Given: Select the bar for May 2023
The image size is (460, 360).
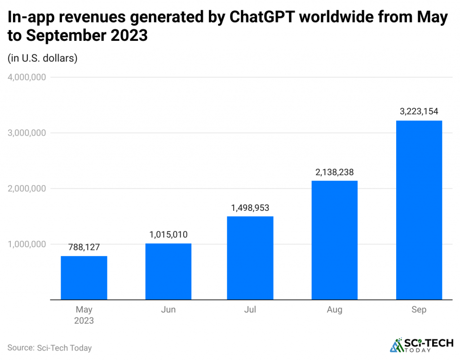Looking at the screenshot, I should (84, 278).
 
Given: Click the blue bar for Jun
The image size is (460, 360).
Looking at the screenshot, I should (168, 271).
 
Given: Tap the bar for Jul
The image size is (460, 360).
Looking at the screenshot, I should (250, 258).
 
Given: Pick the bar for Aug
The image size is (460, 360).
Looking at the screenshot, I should (335, 240).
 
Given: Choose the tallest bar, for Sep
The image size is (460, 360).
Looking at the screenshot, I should (419, 210).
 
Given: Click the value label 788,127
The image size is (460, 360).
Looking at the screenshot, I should (84, 247).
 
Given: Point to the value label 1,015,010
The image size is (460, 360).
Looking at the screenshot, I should (168, 235).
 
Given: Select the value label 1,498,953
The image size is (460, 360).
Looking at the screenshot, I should (250, 208).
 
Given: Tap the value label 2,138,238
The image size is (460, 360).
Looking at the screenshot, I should (335, 172).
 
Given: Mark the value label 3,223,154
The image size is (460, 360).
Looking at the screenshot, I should (419, 111).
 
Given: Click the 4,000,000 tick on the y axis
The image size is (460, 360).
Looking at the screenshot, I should (27, 77).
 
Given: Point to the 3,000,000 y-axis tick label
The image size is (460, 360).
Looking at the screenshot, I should (27, 133).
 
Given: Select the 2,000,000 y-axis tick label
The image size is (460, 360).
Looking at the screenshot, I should (27, 189).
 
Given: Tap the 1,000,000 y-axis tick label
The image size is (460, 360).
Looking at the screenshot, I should (27, 244).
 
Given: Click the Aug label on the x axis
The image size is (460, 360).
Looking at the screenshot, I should (335, 310).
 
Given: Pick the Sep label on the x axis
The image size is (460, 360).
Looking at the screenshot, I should (419, 310).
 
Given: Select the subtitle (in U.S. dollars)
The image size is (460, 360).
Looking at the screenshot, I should (43, 58).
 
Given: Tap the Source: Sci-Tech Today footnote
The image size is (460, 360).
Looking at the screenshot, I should (49, 348).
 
